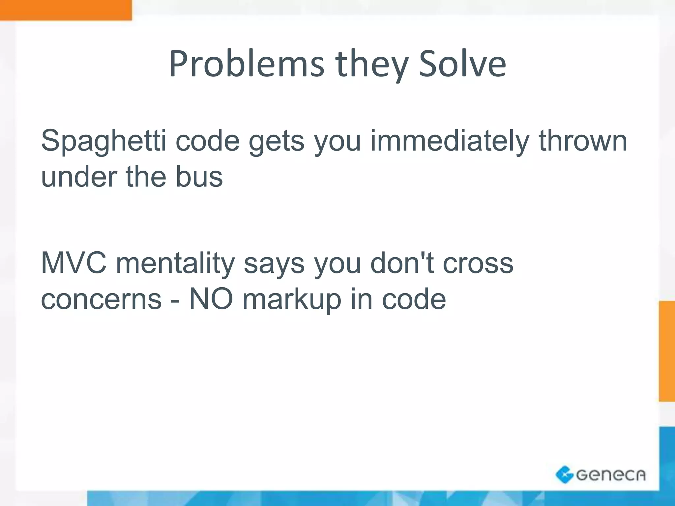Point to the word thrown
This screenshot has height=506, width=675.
pyautogui.click(x=583, y=141)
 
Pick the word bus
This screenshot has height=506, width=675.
pyautogui.click(x=199, y=177)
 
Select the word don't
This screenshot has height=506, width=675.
pyautogui.click(x=402, y=263)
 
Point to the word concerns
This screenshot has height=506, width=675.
pyautogui.click(x=102, y=299)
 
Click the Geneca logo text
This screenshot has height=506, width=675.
pyautogui.click(x=610, y=475)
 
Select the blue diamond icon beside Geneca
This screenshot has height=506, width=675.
pyautogui.click(x=564, y=475)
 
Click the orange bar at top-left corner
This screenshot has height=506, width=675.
pyautogui.click(x=66, y=10)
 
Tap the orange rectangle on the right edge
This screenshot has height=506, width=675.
pyautogui.click(x=666, y=351)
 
